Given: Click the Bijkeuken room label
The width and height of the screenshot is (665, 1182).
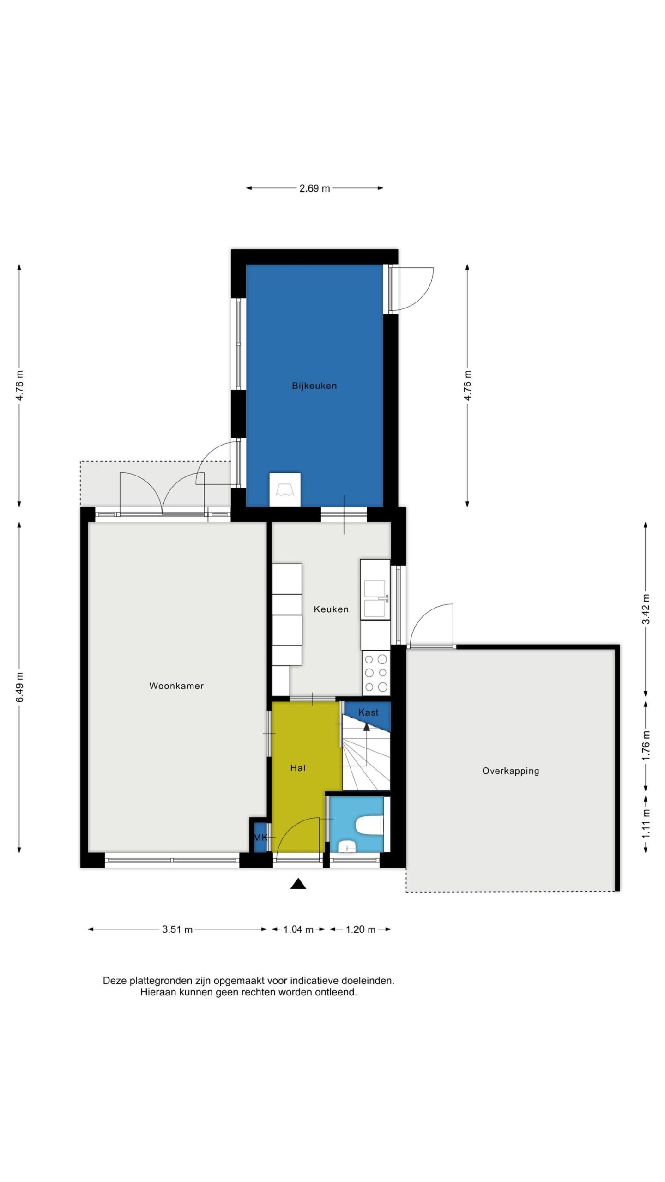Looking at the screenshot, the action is coord(314,386).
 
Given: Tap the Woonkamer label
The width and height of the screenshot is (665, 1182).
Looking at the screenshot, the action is coord(176,686).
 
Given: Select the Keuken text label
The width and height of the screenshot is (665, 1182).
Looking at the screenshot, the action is coord(331,609).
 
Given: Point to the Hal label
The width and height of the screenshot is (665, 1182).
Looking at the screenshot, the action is coord(298,768).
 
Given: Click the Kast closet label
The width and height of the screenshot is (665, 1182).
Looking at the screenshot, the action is coord(369,712).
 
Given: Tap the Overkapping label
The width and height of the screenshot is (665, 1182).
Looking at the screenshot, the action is coord(511,771).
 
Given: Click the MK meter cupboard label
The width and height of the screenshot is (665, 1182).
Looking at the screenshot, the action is coord(260,837).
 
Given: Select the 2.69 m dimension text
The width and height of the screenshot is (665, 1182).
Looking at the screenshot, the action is coord(314,188).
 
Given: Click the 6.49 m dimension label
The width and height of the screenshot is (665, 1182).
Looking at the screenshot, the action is coord(20,687).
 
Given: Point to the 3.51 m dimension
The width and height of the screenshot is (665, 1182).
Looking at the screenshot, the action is coord(177,929).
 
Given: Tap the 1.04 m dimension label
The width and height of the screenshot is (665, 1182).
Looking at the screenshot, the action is coord(298,929).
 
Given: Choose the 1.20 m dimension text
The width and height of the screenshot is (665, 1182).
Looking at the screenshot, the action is coord(361,929).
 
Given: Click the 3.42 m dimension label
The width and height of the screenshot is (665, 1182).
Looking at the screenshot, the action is coord(646,609).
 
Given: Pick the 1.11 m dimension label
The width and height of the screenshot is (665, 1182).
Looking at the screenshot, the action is coord(646,824).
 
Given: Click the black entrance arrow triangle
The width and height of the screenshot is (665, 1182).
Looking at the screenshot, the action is coord(298,883).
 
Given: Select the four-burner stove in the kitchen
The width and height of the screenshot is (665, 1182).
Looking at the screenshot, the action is coord(376,673).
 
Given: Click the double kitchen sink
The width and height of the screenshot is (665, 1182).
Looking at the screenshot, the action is coord(375,599).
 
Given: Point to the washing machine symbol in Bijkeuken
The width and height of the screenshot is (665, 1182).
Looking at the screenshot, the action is coord(285,489).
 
